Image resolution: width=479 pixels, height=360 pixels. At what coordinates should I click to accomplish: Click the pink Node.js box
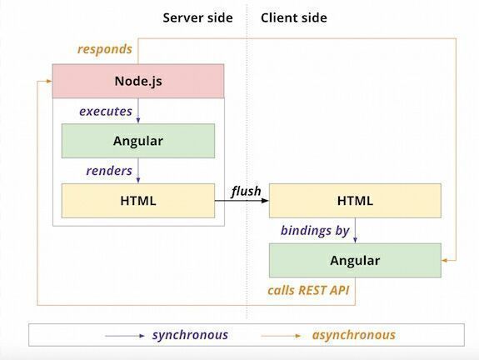point(138,81)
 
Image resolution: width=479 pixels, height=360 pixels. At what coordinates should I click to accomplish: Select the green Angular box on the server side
point(138,141)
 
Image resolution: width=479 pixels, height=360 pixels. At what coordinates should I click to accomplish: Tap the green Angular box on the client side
point(355,260)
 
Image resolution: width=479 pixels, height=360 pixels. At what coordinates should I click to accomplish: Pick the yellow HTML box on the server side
point(138,201)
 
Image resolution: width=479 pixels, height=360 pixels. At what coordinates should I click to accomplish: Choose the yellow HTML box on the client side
point(355,201)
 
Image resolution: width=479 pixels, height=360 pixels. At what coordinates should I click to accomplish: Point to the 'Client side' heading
point(294,17)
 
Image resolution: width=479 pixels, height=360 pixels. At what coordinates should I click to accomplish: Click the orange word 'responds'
point(105,49)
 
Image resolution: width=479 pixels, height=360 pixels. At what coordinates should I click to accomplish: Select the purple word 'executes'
point(106,111)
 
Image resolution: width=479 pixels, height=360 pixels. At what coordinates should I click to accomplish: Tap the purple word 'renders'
point(109,171)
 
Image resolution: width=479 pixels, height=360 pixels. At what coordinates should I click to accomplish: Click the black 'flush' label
point(246,192)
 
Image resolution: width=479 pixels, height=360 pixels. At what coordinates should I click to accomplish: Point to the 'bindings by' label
point(314,230)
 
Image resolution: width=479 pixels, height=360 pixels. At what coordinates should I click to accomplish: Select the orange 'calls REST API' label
point(308,291)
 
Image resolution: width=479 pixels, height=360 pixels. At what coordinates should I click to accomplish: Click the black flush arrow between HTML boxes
point(242,202)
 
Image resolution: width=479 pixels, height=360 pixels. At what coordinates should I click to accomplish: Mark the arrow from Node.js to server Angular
point(139,111)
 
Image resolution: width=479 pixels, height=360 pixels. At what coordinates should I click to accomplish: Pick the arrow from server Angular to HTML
point(139,171)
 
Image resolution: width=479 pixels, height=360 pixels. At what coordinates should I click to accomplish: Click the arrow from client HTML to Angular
point(356,230)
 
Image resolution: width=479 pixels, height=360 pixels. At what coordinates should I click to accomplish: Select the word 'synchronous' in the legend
point(190,335)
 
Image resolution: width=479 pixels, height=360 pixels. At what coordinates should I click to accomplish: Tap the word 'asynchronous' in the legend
point(354,335)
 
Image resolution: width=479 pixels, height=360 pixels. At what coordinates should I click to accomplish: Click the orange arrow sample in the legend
point(282,335)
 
